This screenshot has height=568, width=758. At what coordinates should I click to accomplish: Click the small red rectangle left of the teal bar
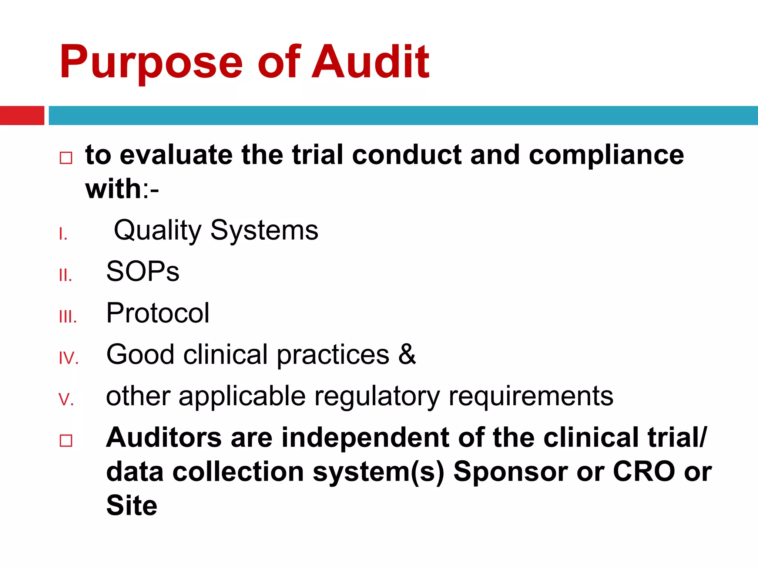[x=22, y=115]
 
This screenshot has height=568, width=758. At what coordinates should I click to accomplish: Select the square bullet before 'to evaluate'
[x=66, y=158]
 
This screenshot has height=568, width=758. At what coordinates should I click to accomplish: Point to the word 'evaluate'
[x=176, y=155]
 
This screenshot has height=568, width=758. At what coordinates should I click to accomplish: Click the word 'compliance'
[x=606, y=155]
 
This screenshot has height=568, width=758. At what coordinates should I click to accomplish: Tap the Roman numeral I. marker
[x=63, y=234]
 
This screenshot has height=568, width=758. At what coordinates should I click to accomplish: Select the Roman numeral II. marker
[x=66, y=275]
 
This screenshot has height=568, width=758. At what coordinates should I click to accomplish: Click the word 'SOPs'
[x=142, y=272]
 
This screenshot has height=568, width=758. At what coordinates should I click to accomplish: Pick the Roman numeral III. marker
[x=68, y=317]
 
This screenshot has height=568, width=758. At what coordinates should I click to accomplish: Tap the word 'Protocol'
[x=158, y=313]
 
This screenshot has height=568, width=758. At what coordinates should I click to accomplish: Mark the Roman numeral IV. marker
[x=69, y=358]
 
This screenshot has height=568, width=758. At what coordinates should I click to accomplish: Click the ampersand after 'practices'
[x=407, y=355]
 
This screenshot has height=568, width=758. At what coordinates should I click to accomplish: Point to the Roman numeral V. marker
[x=66, y=400]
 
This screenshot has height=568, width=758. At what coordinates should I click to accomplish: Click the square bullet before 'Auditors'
[x=66, y=440]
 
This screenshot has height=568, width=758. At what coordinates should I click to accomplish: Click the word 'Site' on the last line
[x=132, y=506]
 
